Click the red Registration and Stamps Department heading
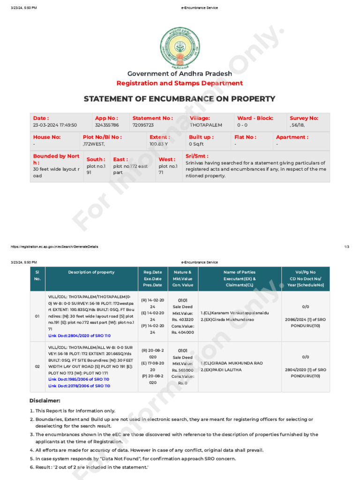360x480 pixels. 180,83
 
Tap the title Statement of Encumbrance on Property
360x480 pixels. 180,99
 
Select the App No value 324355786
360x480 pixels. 107,125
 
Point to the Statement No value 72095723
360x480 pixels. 143,125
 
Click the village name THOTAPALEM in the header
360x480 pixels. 206,125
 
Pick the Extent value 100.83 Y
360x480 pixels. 159,144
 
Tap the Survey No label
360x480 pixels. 304,118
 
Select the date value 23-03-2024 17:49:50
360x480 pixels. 55,125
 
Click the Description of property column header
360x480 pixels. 91,272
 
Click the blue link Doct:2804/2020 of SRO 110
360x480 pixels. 79,336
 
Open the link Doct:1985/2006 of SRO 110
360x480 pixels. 79,379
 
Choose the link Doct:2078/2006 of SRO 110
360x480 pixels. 79,386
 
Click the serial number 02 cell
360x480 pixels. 37,367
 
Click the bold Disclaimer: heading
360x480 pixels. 45,401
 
